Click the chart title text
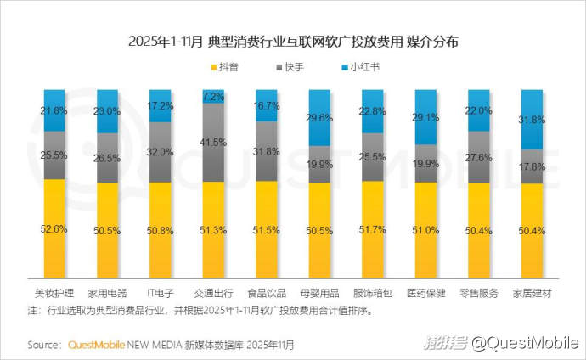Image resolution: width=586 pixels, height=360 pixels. point(292,41)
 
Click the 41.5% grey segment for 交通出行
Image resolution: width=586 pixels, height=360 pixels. point(214,142)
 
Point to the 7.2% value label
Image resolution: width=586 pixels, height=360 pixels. point(214,97)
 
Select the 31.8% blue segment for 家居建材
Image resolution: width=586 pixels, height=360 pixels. point(532,120)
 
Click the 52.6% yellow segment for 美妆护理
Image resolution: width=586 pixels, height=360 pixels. point(54,228)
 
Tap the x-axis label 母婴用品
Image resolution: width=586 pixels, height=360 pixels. point(320,293)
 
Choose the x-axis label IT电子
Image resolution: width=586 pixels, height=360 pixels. point(161,293)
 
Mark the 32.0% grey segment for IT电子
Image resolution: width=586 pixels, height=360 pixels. point(161,152)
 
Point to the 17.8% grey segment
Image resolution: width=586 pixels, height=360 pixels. point(532,166)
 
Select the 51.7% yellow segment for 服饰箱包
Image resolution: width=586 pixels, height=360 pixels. point(373,229)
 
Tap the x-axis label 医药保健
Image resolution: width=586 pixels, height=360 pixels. point(426,293)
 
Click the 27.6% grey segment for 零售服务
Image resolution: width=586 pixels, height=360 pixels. point(479,157)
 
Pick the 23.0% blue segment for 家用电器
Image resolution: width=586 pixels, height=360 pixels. point(108,111)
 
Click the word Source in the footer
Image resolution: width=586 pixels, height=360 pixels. point(43,345)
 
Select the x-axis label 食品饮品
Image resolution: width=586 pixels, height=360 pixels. point(267,293)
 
